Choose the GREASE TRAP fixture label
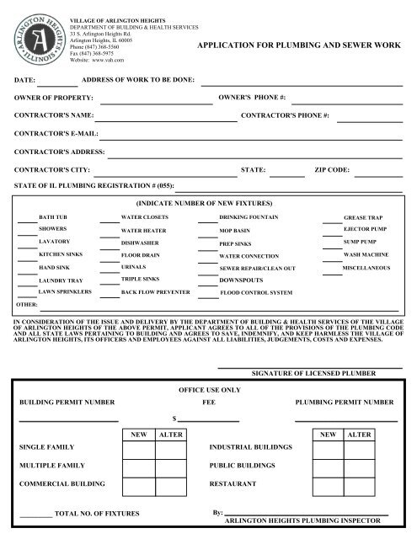pyautogui.click(x=362, y=217)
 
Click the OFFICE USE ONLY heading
pyautogui.click(x=206, y=391)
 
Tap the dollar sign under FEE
pyautogui.click(x=173, y=418)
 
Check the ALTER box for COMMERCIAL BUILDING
pyautogui.click(x=171, y=486)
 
